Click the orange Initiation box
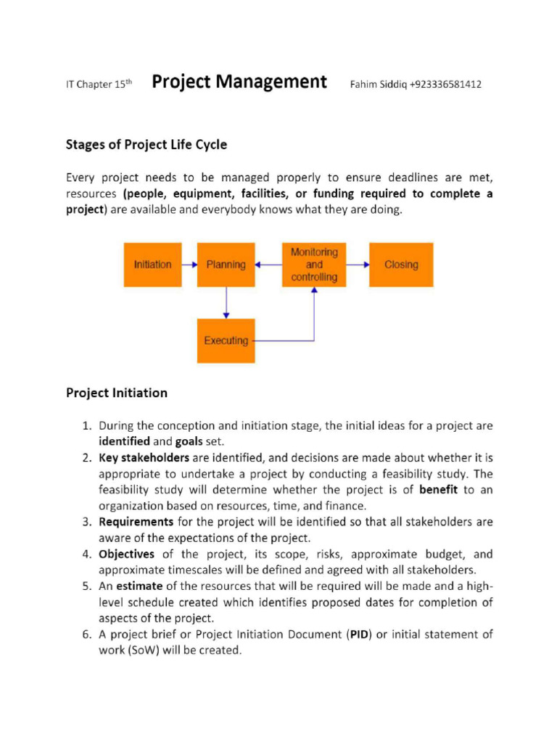153,264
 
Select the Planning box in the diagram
226,264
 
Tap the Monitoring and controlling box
314,264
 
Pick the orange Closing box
401,264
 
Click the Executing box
226,341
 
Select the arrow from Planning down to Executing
226,302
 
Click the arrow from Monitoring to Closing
357,264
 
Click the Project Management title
239,82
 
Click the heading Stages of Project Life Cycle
147,144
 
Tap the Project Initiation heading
117,393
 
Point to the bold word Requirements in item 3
136,522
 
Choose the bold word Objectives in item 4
127,554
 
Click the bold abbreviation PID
360,635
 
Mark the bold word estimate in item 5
139,586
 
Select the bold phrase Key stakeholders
144,458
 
